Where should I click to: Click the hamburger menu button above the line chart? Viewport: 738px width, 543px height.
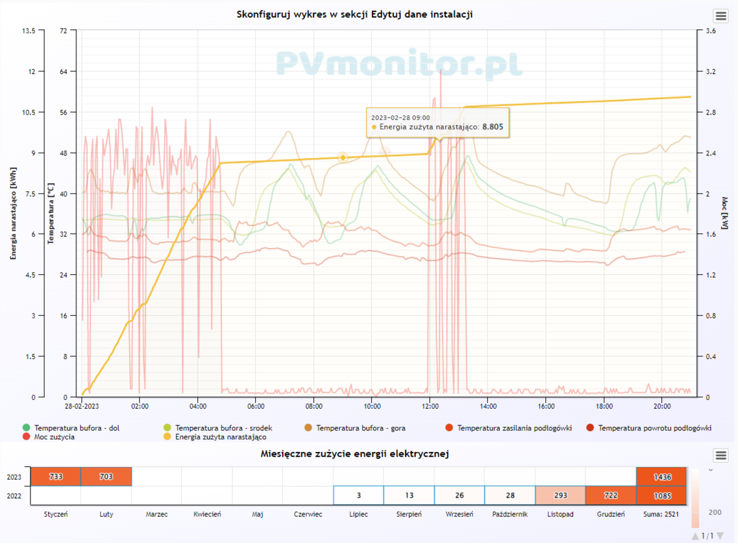click(x=720, y=16)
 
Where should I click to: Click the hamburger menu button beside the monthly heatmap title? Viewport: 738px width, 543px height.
click(x=720, y=455)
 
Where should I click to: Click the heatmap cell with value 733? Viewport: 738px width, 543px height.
click(x=56, y=477)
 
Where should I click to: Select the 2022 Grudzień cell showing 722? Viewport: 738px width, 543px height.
click(x=610, y=496)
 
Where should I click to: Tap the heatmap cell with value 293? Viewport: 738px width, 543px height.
click(x=560, y=496)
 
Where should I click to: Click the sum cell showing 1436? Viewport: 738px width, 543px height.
click(x=661, y=477)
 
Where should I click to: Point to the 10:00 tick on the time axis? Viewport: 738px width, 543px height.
click(x=372, y=407)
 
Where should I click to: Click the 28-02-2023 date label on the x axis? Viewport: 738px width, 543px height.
click(x=82, y=407)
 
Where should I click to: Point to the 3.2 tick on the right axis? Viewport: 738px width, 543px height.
click(x=711, y=71)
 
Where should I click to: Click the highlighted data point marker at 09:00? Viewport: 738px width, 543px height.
click(x=343, y=157)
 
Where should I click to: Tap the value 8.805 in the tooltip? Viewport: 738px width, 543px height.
click(x=492, y=127)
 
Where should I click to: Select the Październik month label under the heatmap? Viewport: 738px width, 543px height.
click(x=510, y=514)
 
